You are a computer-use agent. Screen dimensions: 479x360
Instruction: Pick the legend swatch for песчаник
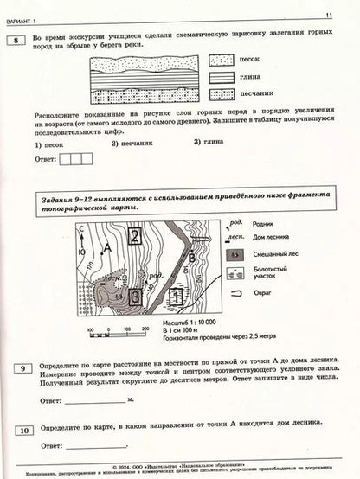(x=223, y=90)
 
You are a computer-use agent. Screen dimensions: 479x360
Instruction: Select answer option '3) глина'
(x=208, y=143)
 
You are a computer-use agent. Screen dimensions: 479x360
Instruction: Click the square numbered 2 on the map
(x=136, y=237)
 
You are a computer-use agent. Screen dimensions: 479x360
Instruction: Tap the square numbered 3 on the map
(x=135, y=297)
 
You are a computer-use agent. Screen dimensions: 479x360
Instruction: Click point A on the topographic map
(x=106, y=249)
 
